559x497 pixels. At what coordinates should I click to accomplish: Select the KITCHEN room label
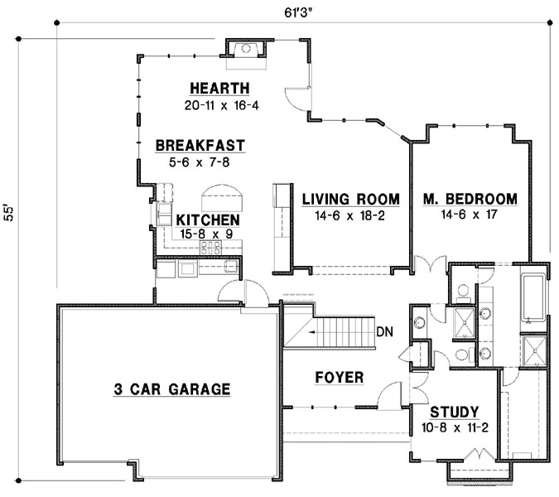(x=209, y=220)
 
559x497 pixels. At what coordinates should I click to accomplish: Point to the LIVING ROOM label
(x=349, y=200)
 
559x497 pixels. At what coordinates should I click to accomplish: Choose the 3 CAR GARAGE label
(x=171, y=388)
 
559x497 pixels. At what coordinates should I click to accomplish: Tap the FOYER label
(x=340, y=378)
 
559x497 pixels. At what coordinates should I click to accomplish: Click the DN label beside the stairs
(x=384, y=332)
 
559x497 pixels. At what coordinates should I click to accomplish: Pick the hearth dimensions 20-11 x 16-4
(x=219, y=105)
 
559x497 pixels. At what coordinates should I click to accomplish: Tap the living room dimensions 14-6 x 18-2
(x=349, y=215)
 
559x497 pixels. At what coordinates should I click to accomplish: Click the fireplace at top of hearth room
(x=245, y=49)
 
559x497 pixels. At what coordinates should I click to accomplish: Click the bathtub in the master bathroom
(x=533, y=294)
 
